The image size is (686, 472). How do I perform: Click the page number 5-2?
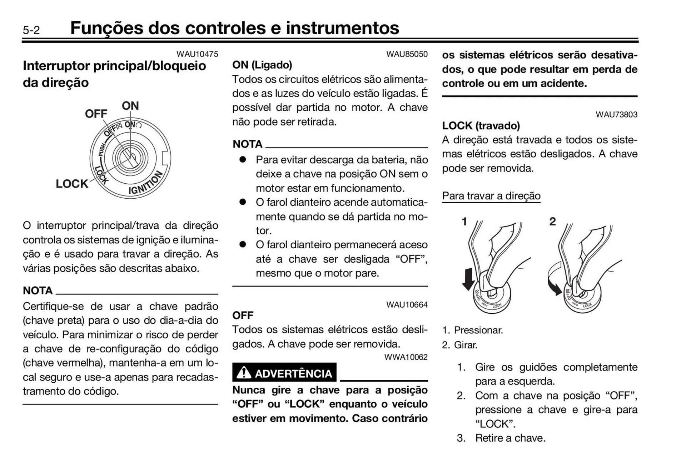[x=31, y=30]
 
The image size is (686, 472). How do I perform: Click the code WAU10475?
[x=197, y=54]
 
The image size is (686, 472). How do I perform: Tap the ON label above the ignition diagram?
[x=130, y=106]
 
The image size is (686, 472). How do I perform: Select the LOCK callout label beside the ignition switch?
[x=72, y=184]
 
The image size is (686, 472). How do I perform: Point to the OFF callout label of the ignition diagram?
[x=96, y=114]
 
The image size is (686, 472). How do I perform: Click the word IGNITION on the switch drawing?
[x=146, y=183]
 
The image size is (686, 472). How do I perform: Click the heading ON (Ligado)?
[x=262, y=65]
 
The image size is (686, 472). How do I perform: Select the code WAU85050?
[x=407, y=54]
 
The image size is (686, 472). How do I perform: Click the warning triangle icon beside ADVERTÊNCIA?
[x=244, y=373]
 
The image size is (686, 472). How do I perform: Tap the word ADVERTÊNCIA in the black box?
[x=293, y=374]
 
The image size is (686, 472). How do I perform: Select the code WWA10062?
[x=406, y=357]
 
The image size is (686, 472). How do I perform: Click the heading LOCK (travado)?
[x=481, y=126]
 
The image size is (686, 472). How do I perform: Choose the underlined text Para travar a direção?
[x=491, y=196]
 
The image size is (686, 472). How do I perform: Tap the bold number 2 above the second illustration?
[x=552, y=222]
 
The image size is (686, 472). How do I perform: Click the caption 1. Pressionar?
[x=472, y=330]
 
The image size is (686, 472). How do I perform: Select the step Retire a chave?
[x=510, y=438]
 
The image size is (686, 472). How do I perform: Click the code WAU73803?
[x=616, y=115]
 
